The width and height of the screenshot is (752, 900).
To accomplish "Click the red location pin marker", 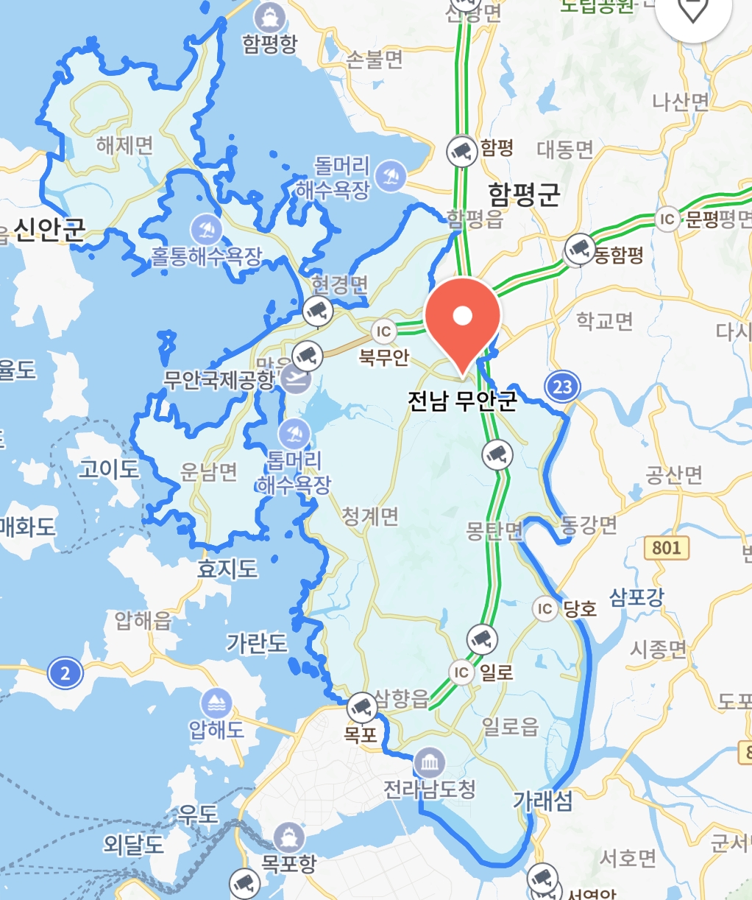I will [x=463, y=317].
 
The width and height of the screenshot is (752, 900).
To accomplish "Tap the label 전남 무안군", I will [x=463, y=400].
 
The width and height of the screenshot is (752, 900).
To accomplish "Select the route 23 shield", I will [x=562, y=387].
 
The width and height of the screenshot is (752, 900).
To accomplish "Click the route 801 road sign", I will [x=666, y=547].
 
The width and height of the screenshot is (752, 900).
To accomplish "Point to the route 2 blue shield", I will [x=65, y=672].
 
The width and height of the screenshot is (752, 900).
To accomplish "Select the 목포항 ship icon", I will [x=288, y=838].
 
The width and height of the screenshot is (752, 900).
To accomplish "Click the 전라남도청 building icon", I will [x=429, y=762].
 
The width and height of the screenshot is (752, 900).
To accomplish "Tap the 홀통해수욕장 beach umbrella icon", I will [x=207, y=230].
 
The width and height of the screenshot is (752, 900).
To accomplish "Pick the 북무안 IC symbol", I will [x=383, y=332].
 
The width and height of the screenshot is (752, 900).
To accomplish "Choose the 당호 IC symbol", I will [x=545, y=608].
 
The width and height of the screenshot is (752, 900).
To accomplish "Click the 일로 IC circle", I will [x=461, y=672].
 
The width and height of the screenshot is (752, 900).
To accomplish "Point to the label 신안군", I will [x=49, y=231].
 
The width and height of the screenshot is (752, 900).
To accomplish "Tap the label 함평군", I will [x=524, y=194].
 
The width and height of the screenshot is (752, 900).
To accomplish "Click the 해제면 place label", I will [x=124, y=145].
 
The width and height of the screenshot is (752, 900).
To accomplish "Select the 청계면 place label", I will [x=370, y=516].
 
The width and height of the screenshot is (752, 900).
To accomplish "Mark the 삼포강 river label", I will [x=636, y=597].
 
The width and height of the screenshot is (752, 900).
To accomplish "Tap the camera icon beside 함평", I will [x=462, y=152].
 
